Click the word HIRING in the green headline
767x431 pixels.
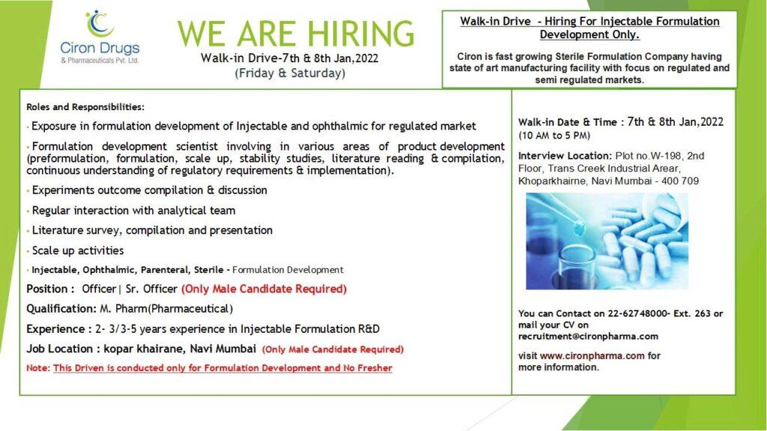click(x=360, y=34)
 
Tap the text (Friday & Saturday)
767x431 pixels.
click(x=290, y=73)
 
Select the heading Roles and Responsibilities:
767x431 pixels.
click(x=85, y=106)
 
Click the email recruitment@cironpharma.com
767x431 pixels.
click(x=588, y=336)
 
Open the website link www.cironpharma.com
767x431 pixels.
click(x=592, y=355)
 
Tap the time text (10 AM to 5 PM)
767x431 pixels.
click(x=554, y=135)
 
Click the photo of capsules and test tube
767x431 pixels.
click(x=607, y=241)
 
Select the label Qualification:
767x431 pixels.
click(x=61, y=309)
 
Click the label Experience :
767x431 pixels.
click(x=59, y=329)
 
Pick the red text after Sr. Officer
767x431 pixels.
click(x=264, y=289)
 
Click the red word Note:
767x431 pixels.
click(x=38, y=368)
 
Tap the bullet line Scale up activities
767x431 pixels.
click(x=78, y=250)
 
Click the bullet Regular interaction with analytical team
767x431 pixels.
click(x=133, y=210)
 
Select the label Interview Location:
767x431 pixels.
click(x=565, y=156)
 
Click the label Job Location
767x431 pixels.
click(x=59, y=349)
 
